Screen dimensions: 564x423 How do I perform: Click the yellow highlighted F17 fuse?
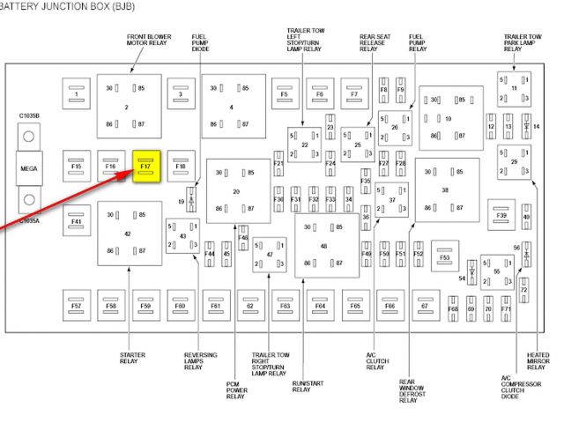click(145, 165)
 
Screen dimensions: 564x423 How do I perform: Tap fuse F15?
click(77, 166)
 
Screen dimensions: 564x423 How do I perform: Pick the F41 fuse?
click(77, 221)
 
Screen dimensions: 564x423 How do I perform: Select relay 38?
click(446, 189)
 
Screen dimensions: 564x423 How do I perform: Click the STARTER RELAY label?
click(131, 357)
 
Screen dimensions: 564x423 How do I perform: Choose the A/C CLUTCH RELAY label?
click(376, 361)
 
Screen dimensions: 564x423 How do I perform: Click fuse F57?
click(77, 306)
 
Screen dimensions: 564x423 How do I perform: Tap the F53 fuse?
click(445, 256)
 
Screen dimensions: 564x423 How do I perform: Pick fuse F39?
click(502, 215)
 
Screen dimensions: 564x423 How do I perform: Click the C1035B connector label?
click(30, 115)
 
